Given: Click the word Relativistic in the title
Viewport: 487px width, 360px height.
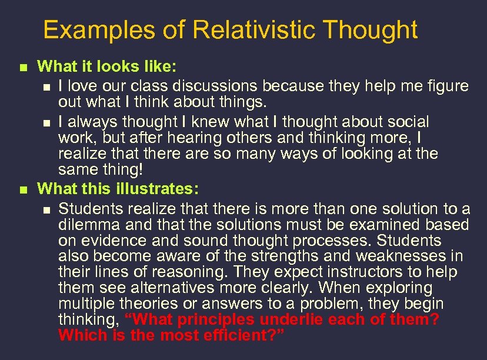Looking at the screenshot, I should [254, 29].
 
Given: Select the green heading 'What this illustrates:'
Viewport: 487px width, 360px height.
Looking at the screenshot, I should [118, 189].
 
